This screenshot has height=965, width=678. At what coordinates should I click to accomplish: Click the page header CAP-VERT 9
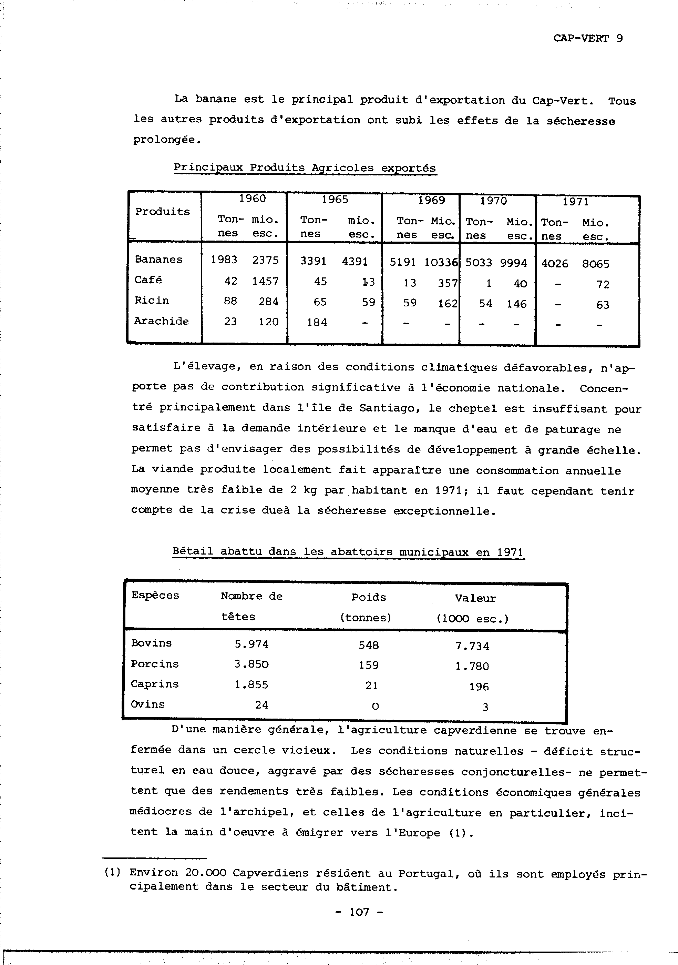pos(588,38)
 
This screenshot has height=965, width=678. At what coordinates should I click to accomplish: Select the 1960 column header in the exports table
pos(253,199)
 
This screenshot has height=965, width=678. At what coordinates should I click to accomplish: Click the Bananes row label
pos(159,259)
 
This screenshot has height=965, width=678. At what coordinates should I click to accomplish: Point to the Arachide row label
pos(162,321)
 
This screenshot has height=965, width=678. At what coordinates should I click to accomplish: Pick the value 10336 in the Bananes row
pos(441,262)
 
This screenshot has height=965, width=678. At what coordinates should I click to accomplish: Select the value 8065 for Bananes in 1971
pos(596,264)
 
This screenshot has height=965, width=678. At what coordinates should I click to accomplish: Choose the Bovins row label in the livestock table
pos(151,643)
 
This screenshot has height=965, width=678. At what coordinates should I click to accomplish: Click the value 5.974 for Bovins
pos(251,644)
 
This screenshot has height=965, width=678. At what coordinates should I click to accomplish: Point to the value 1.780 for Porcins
pos(472,666)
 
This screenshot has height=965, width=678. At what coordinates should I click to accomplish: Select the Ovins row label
pos(148,704)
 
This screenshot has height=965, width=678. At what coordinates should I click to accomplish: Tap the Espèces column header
pos(155,595)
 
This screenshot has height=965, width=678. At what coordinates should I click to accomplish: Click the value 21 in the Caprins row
pos(371,686)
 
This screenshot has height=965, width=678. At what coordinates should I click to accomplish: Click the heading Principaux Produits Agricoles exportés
pos(305,168)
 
